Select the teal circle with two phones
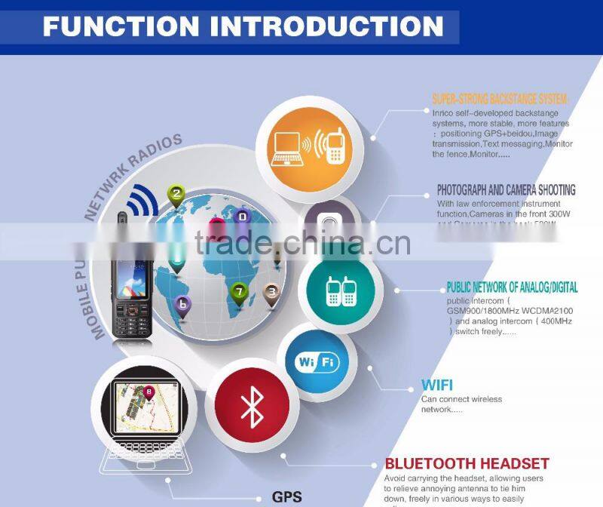[x=339, y=290]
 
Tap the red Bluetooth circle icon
[x=252, y=407]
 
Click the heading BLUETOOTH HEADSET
[x=467, y=463]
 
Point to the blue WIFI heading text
[x=437, y=386]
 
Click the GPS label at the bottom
[x=286, y=496]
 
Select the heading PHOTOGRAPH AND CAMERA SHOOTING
[x=506, y=190]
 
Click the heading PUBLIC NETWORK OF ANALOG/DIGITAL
[x=512, y=287]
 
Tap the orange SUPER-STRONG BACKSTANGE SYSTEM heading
[x=500, y=99]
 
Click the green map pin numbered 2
[x=176, y=196]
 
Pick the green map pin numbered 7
[x=239, y=290]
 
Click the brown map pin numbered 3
[x=271, y=290]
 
